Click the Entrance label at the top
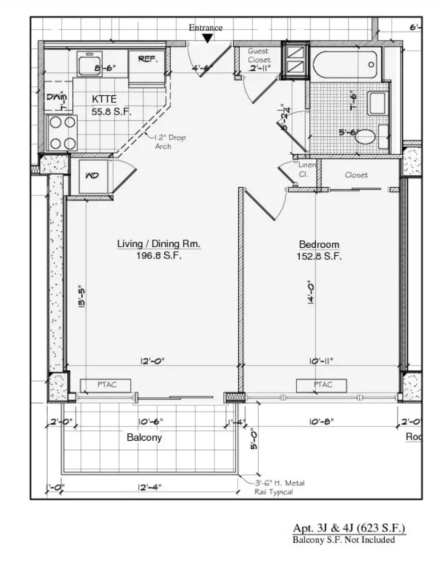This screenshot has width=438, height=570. [205, 28]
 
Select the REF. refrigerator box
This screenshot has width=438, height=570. [147, 59]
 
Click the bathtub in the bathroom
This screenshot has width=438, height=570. [346, 65]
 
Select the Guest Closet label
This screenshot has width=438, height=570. [259, 55]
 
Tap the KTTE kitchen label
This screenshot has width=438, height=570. [104, 99]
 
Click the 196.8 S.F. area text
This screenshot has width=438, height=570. [159, 256]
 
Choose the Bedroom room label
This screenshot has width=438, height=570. [319, 244]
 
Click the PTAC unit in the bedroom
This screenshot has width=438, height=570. [321, 385]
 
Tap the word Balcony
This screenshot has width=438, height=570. [144, 437]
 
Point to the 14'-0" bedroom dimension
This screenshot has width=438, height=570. [312, 293]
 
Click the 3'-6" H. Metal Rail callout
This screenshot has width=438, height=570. [279, 487]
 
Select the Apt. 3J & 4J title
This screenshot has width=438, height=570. [349, 528]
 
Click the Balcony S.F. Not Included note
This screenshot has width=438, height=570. [343, 540]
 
